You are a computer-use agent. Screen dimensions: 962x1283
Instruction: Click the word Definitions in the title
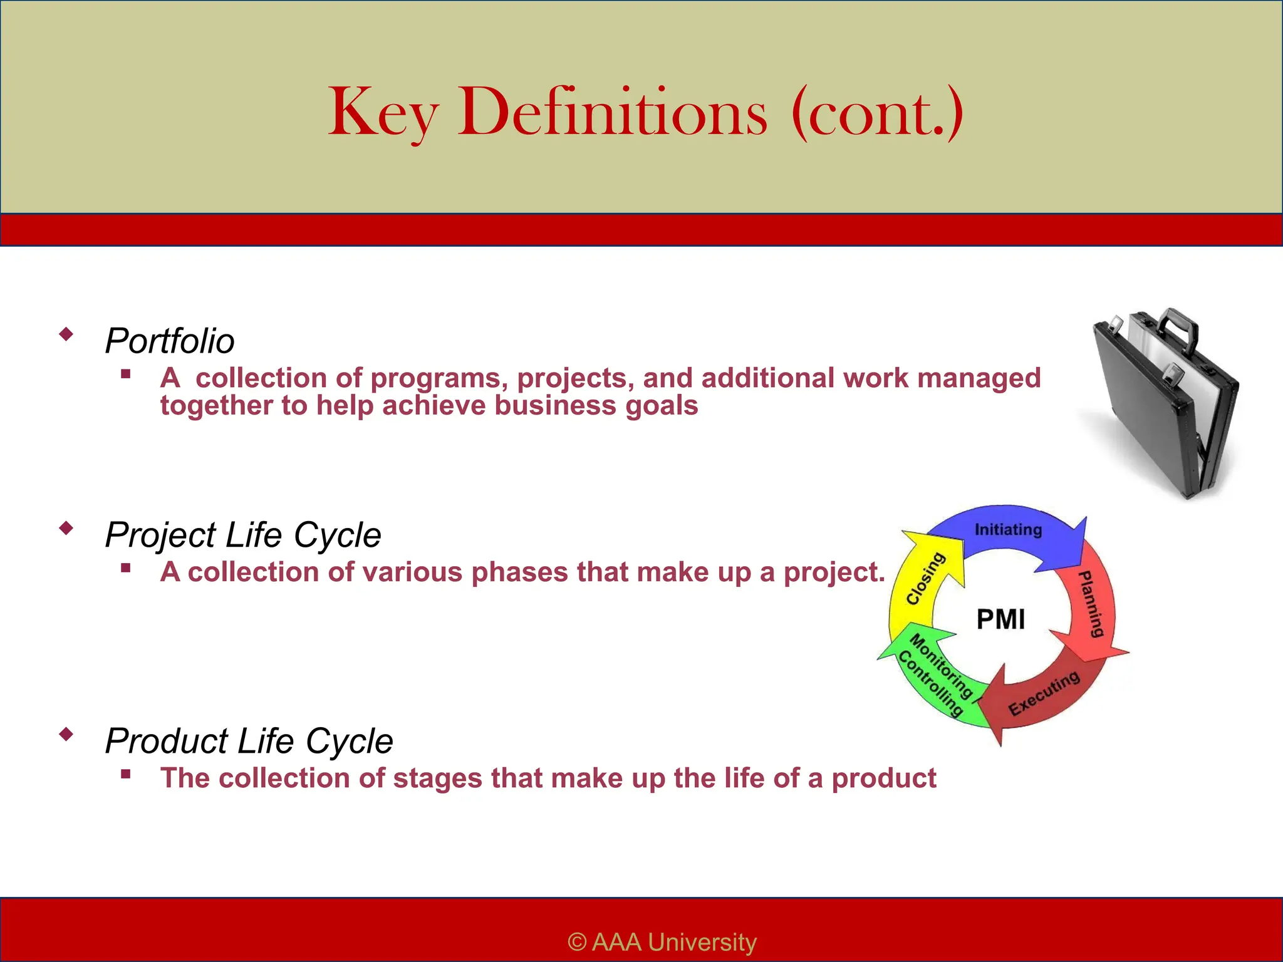point(612,113)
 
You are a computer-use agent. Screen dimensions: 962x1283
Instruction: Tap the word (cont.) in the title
point(877,113)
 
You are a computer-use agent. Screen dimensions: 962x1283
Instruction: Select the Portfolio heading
point(170,341)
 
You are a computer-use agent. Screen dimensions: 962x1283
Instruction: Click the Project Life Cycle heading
point(243,535)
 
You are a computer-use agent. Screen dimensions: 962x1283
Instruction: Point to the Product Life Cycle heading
point(249,741)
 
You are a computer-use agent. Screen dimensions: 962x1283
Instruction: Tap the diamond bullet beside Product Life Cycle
point(66,734)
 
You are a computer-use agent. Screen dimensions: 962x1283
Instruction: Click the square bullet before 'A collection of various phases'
point(126,568)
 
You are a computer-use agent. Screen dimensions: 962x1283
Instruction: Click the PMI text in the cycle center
point(1000,620)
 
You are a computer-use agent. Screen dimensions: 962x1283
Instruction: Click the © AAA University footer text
point(662,942)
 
